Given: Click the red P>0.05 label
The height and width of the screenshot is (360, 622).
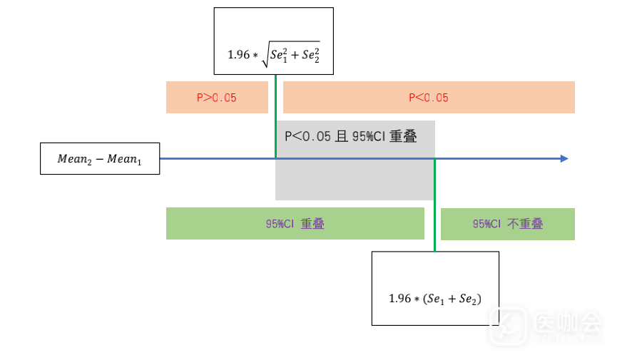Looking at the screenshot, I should click(217, 98).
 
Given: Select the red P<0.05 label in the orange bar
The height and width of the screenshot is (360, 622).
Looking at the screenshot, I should click(428, 98).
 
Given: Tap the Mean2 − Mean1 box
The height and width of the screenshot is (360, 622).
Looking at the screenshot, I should click(100, 158).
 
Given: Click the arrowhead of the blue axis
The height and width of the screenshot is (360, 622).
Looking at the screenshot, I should click(564, 158).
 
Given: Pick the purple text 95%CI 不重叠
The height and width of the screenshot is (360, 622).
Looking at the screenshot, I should click(507, 224).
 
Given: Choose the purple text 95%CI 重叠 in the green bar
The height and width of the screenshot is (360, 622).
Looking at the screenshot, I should click(295, 224).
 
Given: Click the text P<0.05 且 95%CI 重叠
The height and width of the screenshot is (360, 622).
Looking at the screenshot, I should click(350, 136).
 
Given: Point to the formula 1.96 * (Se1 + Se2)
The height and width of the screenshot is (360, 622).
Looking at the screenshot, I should click(435, 299).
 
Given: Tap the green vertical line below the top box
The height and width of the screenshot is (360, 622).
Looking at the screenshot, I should click(275, 114).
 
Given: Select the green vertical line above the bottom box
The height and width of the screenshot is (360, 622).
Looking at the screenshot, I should click(434, 207).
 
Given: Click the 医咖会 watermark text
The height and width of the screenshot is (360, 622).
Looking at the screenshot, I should click(569, 325).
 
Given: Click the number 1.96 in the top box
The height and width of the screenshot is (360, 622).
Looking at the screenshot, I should click(239, 55).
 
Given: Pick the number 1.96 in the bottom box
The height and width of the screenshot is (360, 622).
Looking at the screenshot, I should click(400, 299).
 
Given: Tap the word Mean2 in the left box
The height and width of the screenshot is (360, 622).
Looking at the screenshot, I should click(75, 159).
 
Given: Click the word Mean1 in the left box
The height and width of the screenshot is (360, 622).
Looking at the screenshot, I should click(125, 159).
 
